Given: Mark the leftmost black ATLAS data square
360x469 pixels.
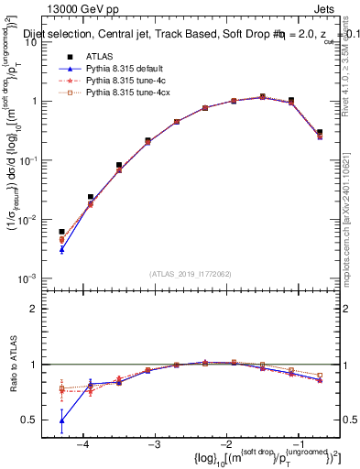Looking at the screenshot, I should click(x=61, y=232).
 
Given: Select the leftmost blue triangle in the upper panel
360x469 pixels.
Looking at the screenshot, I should click(x=61, y=249).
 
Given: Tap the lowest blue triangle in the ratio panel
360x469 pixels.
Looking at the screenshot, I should click(x=61, y=421).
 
